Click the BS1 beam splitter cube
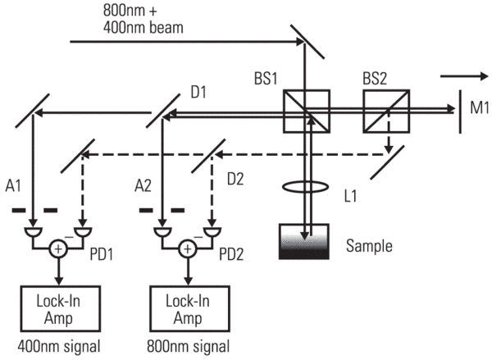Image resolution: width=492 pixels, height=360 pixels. click(x=306, y=111)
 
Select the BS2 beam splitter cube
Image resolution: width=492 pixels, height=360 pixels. click(x=386, y=111)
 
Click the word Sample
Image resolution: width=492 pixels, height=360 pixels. click(x=370, y=245)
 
